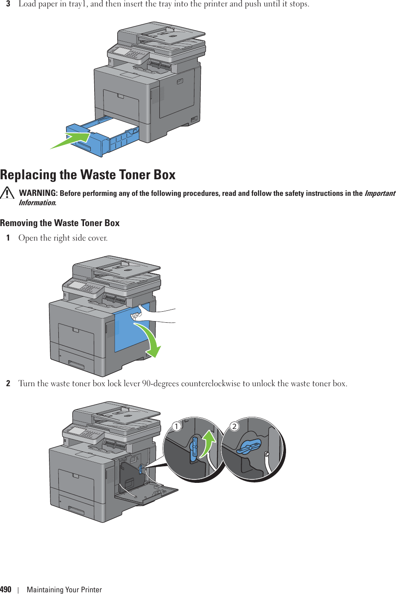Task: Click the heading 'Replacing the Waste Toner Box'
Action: [88, 175]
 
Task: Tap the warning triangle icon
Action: [7, 193]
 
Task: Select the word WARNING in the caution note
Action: [38, 193]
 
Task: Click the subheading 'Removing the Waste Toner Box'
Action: [60, 223]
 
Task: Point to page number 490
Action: [6, 589]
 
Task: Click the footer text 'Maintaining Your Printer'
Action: [64, 590]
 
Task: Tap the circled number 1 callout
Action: [176, 426]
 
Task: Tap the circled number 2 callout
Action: [234, 426]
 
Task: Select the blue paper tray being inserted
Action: [102, 138]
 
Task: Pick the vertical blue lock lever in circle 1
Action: [194, 449]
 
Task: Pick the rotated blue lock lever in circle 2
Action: [249, 448]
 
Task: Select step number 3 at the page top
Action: [8, 4]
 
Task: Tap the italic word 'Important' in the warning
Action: [380, 193]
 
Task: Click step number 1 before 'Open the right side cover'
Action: [8, 238]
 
